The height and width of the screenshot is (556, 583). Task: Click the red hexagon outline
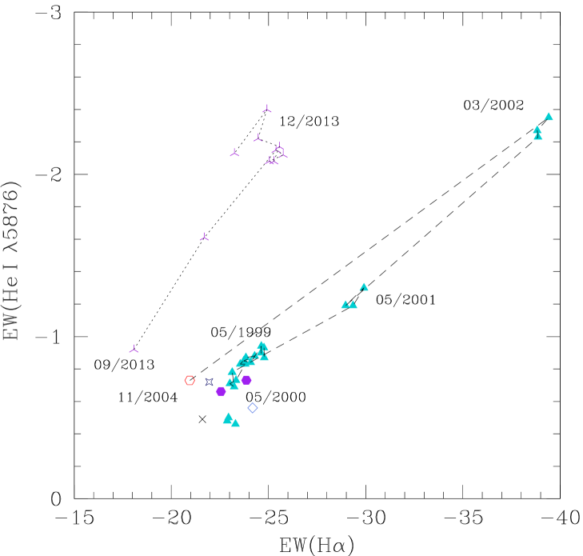tap(190, 381)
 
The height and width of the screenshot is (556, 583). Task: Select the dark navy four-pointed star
tap(210, 382)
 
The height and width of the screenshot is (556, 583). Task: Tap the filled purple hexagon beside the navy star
tap(221, 391)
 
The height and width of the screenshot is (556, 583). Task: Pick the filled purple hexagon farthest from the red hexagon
tap(246, 380)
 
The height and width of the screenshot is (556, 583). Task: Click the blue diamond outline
tap(253, 408)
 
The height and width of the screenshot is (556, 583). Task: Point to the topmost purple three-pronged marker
tap(267, 109)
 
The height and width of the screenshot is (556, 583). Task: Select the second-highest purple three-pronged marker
tap(258, 138)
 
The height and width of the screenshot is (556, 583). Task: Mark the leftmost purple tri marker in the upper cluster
tap(234, 153)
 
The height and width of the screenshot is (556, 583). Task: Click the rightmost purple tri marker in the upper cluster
tap(283, 154)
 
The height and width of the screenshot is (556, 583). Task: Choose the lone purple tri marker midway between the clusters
tap(204, 238)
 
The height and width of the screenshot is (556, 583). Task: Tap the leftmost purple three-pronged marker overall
tap(134, 350)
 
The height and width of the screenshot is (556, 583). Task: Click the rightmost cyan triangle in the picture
tap(549, 117)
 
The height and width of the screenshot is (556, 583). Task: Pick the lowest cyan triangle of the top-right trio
tap(538, 136)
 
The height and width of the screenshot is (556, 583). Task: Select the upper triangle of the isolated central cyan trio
tap(364, 287)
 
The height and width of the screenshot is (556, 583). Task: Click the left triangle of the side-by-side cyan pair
tap(345, 305)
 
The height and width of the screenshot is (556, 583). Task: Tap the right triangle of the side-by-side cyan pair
tap(353, 305)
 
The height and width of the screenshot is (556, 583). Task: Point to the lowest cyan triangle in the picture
tap(235, 423)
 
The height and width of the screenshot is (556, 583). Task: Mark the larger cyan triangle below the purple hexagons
tap(228, 418)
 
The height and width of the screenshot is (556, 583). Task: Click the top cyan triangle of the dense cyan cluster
tap(262, 345)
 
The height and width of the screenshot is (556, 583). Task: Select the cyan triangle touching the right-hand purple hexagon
tap(237, 379)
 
